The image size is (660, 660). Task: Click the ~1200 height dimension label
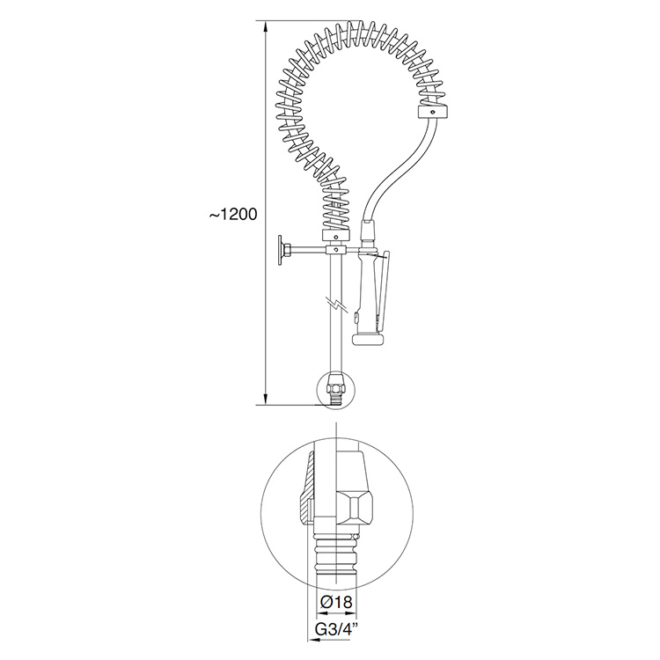tap(233, 214)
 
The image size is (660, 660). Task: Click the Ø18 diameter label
tap(336, 602)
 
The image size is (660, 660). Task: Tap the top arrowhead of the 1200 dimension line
tap(265, 27)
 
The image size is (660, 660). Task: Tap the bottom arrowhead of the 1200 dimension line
tap(265, 399)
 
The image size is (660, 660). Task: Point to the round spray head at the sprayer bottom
tap(369, 340)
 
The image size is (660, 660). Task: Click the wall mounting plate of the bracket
tap(280, 252)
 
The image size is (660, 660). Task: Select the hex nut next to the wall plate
tap(287, 251)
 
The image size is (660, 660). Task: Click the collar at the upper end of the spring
tap(434, 113)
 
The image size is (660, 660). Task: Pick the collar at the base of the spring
tap(336, 236)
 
